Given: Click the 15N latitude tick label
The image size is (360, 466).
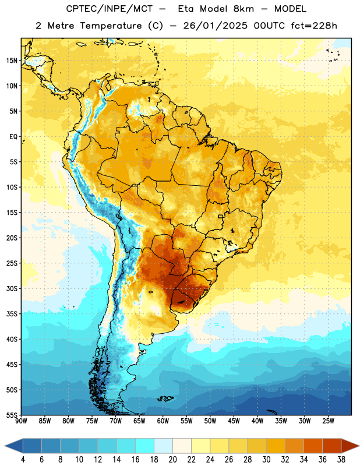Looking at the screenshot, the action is point(12,61).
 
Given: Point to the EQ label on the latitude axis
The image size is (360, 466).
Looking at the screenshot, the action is point(13,137).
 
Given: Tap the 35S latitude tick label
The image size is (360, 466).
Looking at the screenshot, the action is point(12,314).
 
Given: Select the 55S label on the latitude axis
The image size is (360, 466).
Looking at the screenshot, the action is point(12,415).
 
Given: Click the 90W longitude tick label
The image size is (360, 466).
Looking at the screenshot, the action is point(21,421).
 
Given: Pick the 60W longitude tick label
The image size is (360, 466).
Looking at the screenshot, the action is point(163,421).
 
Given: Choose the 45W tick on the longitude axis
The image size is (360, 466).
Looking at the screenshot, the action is point(234,421).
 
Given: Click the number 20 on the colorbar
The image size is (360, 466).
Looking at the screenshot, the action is point(172,460).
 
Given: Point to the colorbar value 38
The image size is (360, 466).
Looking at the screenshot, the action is point(341,460).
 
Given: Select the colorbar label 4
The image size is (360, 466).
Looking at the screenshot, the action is point(23,460).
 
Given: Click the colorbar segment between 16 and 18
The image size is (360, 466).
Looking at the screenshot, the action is point(144,446).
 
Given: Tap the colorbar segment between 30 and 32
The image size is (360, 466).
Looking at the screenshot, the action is point(276,446).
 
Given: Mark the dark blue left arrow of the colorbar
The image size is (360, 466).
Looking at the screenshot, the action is point(14,446).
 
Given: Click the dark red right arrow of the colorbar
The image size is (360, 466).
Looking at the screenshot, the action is point(350,446).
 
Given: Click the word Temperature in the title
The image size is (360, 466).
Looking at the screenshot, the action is point(111,26).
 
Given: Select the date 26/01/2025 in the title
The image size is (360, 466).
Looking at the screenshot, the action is point(215,26).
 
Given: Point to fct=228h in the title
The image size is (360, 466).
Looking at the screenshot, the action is point(314,26).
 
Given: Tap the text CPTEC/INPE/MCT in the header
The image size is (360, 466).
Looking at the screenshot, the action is point(109,9).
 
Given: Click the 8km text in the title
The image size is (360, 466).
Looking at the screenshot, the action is point(243,9).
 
